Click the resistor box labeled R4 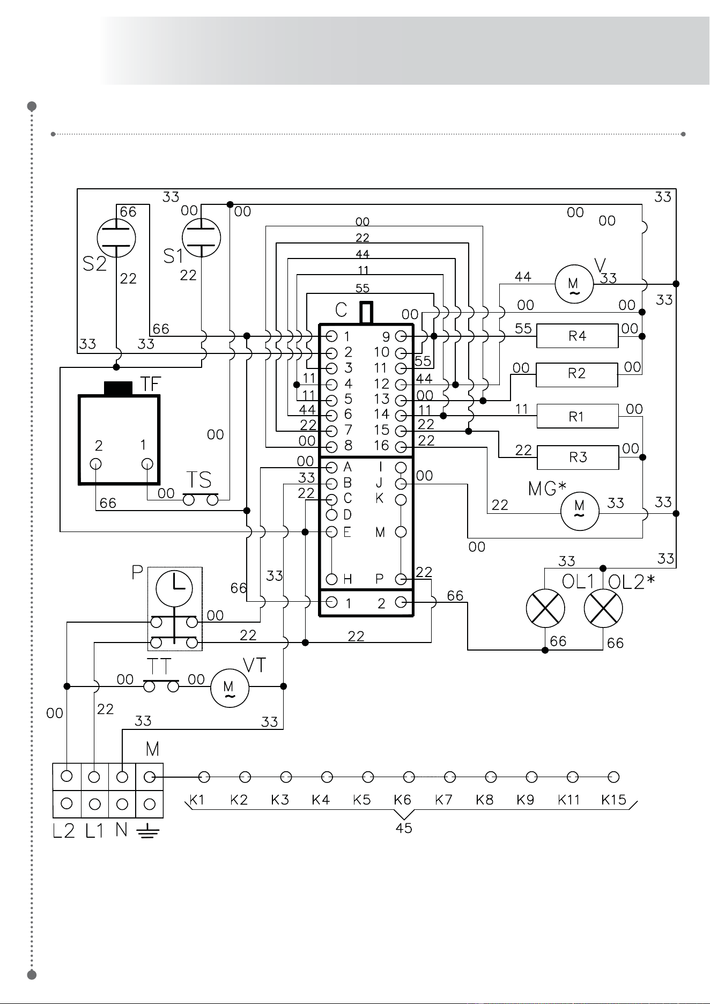pos(578,336)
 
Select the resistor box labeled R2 pos(577,374)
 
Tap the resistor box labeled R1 pos(578,416)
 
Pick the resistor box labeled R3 pos(578,457)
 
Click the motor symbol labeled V pos(574,284)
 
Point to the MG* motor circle pos(580,514)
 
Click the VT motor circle pos(230,688)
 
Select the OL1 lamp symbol pos(545,608)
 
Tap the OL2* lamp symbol pos(603,609)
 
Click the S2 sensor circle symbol pos(116,237)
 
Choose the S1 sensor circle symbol pos(201,237)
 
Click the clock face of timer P pos(174,588)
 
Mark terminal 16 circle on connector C pos(401,447)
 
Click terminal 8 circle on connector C pos(332,447)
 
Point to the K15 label pos(614,800)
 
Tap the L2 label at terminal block pos(64,831)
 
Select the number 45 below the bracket pos(404,829)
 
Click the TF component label pos(151,384)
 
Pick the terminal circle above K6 pos(409,777)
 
